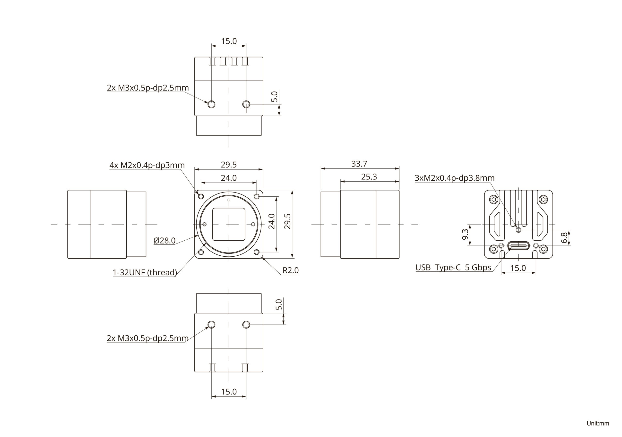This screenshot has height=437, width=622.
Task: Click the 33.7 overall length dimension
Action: click(359, 164)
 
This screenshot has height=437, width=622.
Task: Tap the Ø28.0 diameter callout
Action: click(164, 240)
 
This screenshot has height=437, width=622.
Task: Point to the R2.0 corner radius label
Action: click(290, 270)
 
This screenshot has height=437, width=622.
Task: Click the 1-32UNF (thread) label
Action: click(145, 272)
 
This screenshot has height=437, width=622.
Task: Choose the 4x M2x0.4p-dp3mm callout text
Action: click(147, 165)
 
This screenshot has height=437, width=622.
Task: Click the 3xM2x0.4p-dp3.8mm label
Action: click(455, 178)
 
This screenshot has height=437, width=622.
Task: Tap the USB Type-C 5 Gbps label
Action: click(453, 268)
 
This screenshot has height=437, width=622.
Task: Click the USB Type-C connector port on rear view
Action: click(518, 246)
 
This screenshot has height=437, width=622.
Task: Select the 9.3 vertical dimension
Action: click(465, 235)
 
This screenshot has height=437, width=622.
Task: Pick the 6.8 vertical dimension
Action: click(564, 238)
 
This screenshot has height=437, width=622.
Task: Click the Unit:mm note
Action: click(598, 423)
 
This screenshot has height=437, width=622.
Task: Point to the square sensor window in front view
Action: click(229, 224)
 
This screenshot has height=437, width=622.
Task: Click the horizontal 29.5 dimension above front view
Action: click(229, 165)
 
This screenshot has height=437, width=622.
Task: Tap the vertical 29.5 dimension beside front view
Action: click(287, 221)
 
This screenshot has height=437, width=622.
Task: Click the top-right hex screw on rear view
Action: click(543, 200)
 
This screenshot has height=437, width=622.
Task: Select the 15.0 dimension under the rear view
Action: click(518, 268)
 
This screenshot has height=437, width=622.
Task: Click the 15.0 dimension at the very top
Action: click(229, 41)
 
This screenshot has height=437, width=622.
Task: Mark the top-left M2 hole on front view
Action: click(201, 196)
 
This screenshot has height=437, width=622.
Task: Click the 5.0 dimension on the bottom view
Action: click(278, 304)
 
